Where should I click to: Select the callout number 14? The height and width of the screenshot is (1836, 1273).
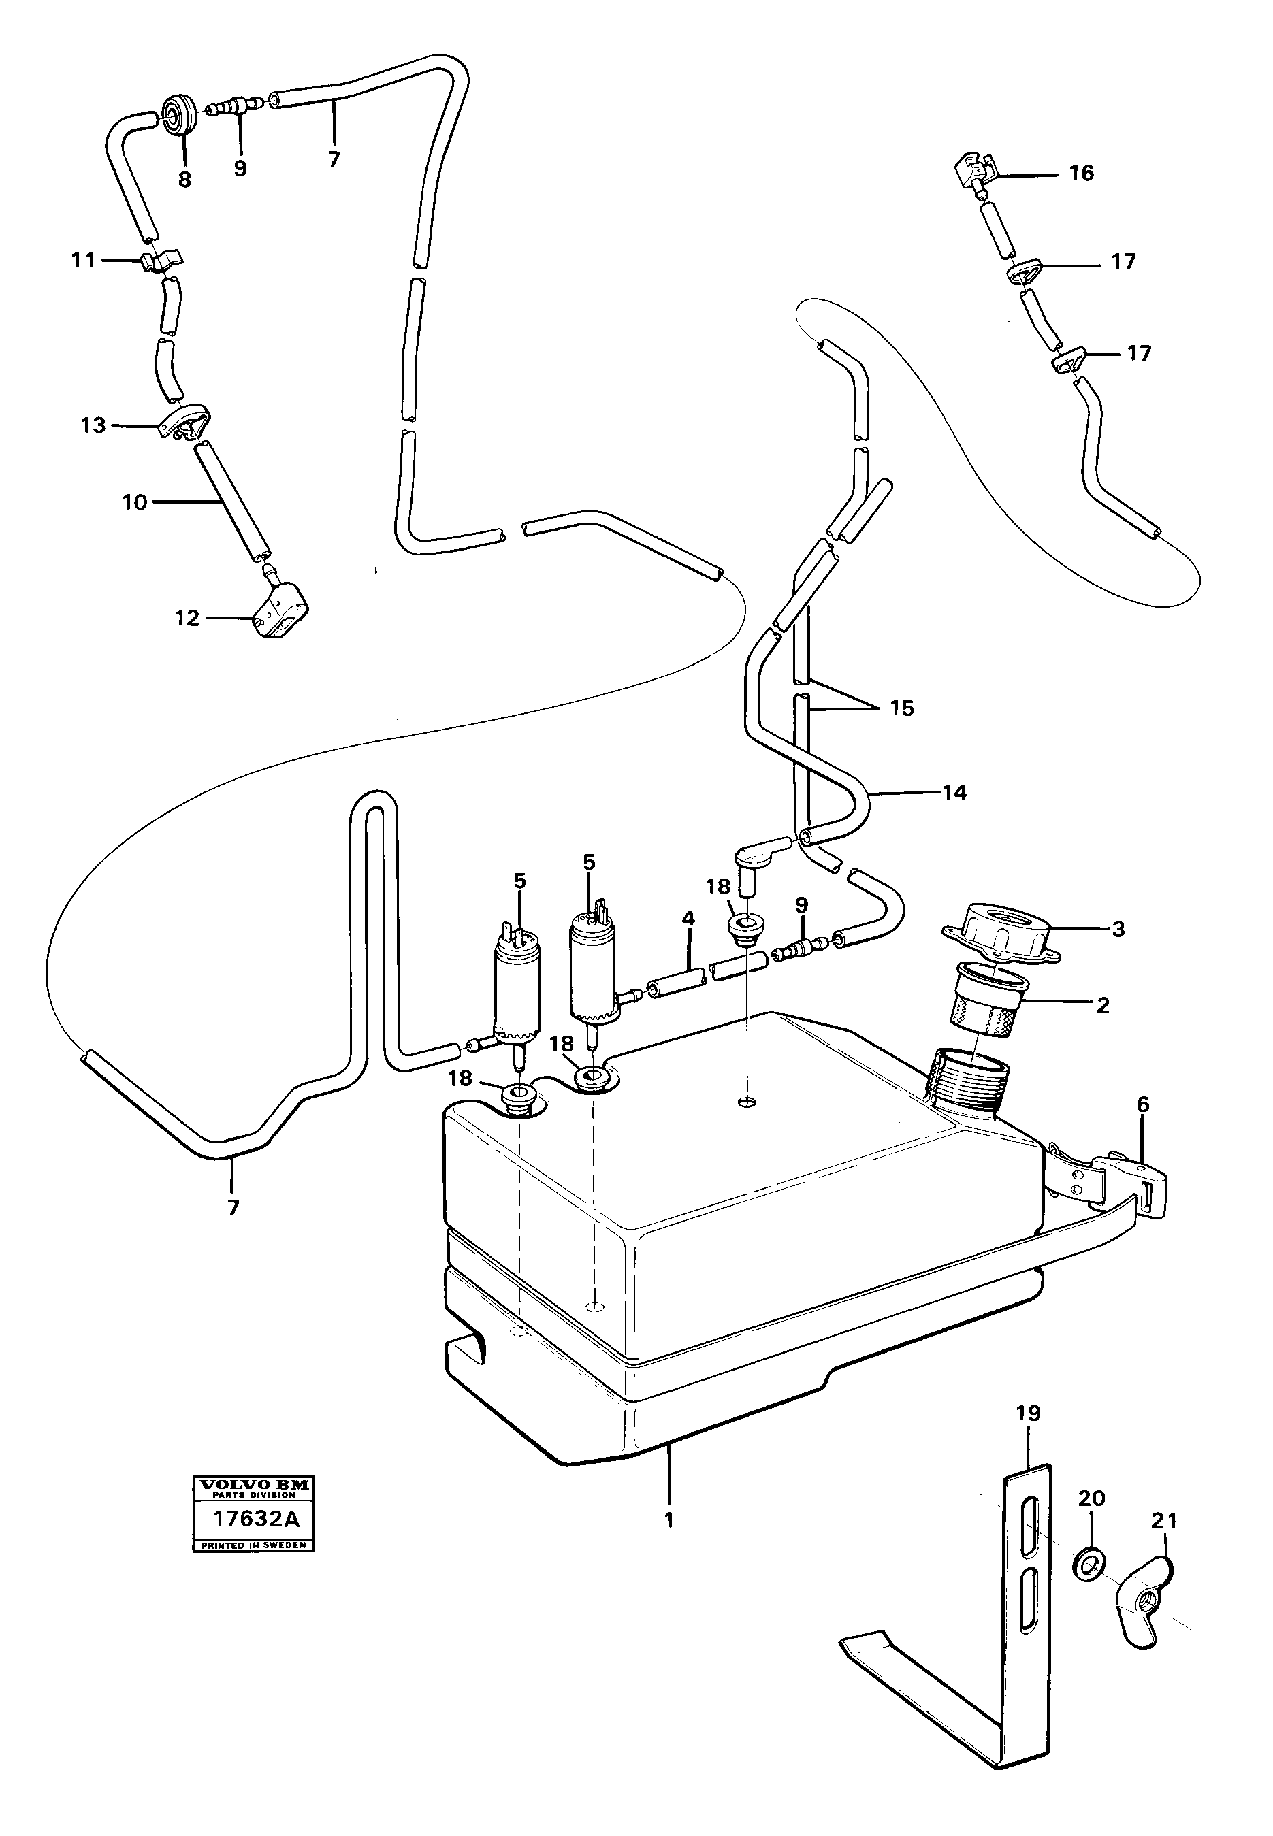coord(954,792)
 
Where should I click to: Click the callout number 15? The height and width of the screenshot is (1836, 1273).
coord(901,708)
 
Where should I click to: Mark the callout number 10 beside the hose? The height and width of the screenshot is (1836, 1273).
coord(135,502)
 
